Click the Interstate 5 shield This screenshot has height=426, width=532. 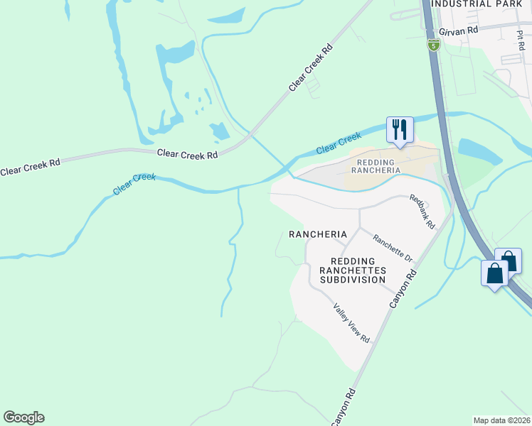433,45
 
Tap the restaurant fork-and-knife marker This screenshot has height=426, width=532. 399,130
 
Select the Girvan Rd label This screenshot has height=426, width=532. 459,32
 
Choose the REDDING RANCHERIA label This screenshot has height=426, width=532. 375,167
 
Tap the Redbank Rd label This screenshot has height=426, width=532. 422,211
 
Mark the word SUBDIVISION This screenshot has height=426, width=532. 352,280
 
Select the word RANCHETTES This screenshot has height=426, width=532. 352,271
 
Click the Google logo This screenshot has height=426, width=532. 23,417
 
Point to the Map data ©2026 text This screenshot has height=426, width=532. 502,420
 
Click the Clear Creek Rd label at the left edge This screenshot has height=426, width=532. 30,168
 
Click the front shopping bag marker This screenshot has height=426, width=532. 494,273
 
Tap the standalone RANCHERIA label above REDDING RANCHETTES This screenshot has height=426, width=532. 317,234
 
